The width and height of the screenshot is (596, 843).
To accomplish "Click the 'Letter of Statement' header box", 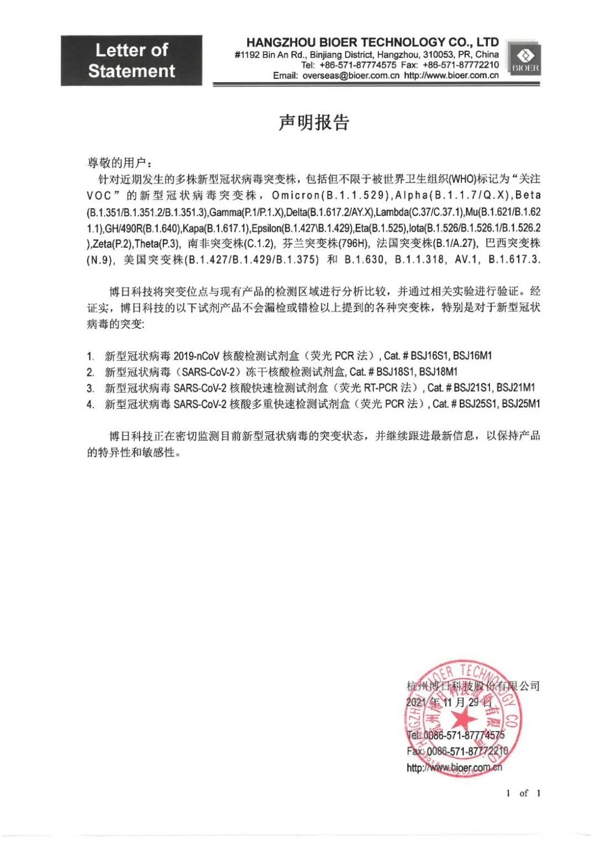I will [131, 61].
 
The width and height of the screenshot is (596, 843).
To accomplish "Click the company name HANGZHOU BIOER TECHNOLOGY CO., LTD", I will [372, 42].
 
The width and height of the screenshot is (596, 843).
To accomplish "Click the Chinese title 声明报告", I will [313, 122].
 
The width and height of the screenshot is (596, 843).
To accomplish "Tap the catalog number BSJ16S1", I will [429, 356].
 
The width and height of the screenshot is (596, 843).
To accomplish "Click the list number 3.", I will [90, 388].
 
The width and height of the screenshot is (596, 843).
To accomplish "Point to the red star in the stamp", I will [464, 719].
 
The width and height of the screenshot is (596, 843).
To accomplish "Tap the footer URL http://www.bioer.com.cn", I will [454, 767].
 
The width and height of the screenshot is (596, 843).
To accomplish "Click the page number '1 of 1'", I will [523, 793].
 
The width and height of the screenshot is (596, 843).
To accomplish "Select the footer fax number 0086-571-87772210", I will [467, 751].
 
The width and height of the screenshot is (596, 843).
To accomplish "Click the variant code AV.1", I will [467, 259].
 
